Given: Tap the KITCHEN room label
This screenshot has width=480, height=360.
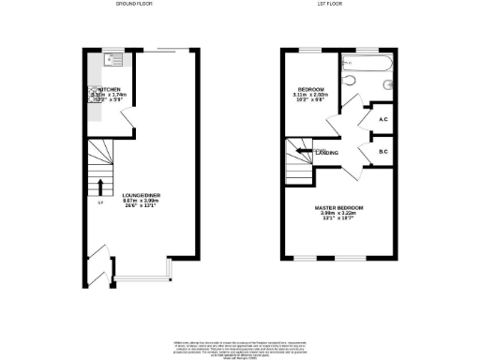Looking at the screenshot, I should (x=114, y=89).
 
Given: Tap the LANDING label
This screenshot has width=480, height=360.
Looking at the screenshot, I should (x=326, y=152).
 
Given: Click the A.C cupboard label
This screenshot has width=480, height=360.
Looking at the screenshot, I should (x=383, y=119).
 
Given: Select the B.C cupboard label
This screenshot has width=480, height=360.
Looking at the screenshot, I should (x=383, y=151).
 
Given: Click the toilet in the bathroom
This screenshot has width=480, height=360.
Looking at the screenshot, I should (x=350, y=83).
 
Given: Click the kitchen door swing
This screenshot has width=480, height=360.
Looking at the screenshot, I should (x=134, y=120).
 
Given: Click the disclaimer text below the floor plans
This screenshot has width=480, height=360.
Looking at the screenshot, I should (x=240, y=346).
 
